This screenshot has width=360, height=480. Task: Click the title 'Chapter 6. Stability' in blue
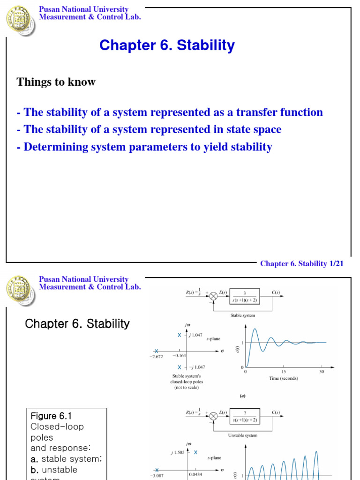[x=167, y=45]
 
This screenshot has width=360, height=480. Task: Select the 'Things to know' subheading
[x=56, y=82]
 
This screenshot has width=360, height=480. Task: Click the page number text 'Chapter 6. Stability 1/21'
[x=302, y=264]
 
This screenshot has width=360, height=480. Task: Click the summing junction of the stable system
[x=213, y=297]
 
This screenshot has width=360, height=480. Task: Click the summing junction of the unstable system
[x=213, y=416]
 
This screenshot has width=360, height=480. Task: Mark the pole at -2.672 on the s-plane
[x=157, y=351]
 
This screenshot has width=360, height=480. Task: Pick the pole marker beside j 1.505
[x=195, y=452]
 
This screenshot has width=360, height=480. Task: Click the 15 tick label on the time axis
[x=284, y=372]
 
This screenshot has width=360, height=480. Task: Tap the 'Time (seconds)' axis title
[x=283, y=378]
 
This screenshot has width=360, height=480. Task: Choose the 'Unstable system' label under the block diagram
[x=242, y=435]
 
